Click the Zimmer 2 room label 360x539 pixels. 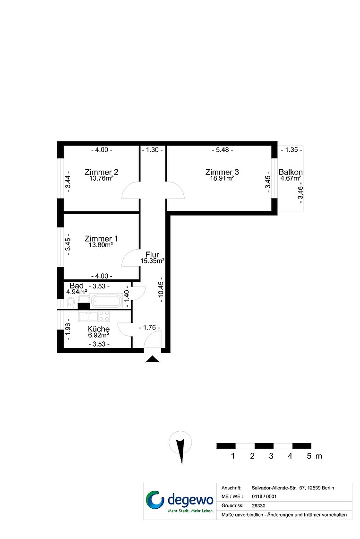[101, 172]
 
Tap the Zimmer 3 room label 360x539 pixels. [222, 172]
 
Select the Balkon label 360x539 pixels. [291, 172]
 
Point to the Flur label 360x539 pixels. [152, 254]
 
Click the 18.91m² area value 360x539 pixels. [222, 178]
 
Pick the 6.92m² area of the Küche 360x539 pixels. [98, 335]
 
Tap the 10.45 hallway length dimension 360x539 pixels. [161, 290]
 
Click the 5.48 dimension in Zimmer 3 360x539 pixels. [222, 150]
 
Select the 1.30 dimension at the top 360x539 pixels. [152, 150]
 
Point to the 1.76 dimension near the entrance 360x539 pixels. [149, 328]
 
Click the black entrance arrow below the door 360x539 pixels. [152, 359]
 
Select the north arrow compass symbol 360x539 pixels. [180, 447]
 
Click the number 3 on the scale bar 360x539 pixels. [271, 456]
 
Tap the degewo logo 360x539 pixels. [180, 501]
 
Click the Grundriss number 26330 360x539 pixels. [258, 505]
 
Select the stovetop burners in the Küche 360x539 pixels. [104, 316]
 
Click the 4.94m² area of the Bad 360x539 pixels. [77, 292]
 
